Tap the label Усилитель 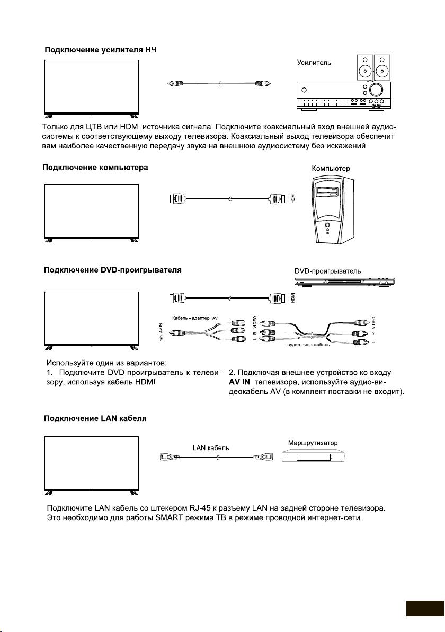[x=314, y=63]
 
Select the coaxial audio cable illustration [x=220, y=84]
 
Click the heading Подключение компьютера [x=95, y=168]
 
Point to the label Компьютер [x=331, y=169]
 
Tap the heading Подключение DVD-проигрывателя [x=112, y=270]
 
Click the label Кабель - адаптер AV [x=195, y=318]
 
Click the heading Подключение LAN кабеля [x=95, y=418]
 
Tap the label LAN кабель [x=211, y=447]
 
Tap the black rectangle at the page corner [x=425, y=608]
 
